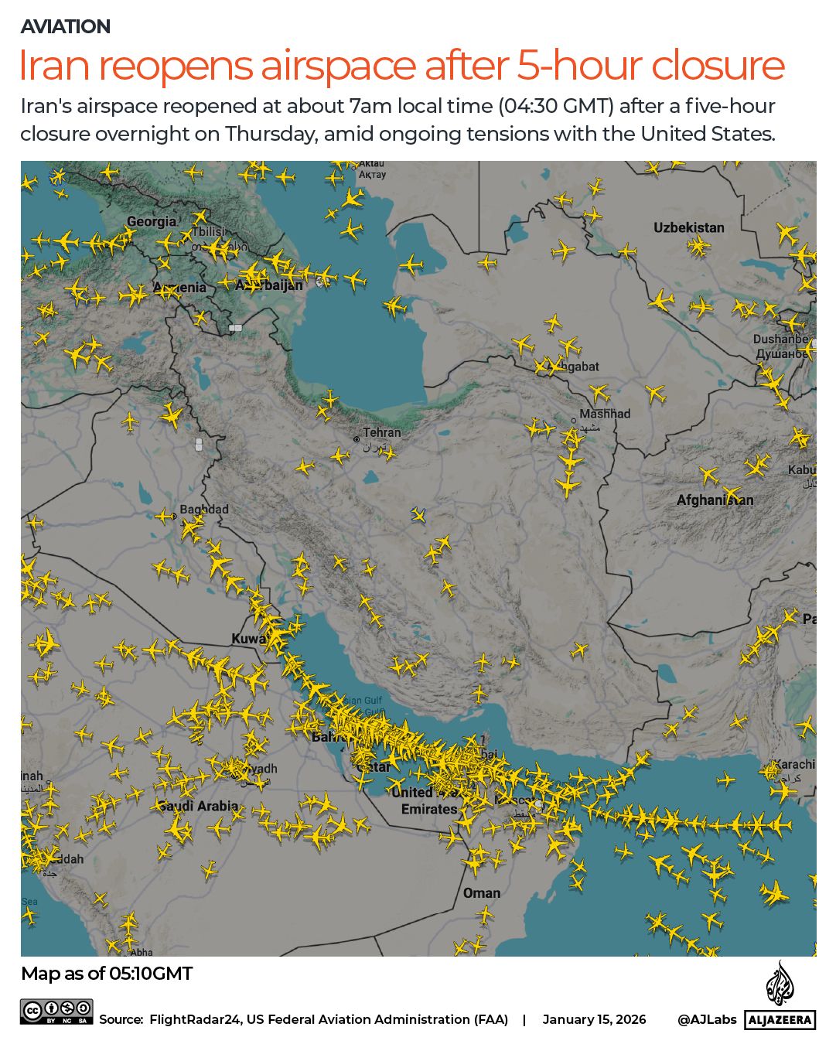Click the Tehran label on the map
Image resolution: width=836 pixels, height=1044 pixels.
382,433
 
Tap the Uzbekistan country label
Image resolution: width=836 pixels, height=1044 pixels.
688,227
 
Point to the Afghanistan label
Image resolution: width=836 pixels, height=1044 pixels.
715,500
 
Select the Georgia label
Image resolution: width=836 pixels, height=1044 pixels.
152,222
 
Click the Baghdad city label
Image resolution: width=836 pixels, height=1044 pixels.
204,510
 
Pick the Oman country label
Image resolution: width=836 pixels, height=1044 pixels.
481,893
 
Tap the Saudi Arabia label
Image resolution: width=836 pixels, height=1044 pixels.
199,806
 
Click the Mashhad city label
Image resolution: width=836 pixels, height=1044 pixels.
605,414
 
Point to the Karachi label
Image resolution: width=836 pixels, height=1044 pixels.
793,764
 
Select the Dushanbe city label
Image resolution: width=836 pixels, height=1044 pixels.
781,339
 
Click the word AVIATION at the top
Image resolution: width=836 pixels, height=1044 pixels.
66,26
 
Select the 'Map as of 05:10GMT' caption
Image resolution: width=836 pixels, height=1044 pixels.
107,974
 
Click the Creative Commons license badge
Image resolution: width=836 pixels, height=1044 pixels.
56,1012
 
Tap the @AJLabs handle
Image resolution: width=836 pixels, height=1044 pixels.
707,1019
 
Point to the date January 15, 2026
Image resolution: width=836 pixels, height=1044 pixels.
594,1019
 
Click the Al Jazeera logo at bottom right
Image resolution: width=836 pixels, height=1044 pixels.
780,998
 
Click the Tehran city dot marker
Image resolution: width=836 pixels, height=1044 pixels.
357,439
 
